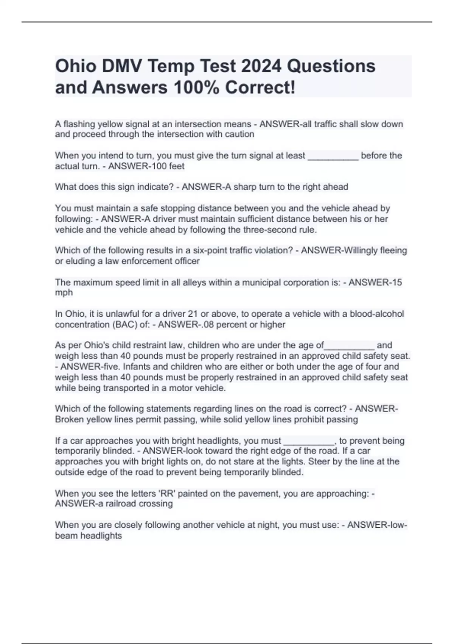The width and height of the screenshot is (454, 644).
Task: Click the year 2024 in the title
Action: click(261, 66)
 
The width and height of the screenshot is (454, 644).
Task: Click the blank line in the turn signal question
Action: click(333, 156)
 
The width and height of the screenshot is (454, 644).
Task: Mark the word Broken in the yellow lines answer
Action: click(70, 420)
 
